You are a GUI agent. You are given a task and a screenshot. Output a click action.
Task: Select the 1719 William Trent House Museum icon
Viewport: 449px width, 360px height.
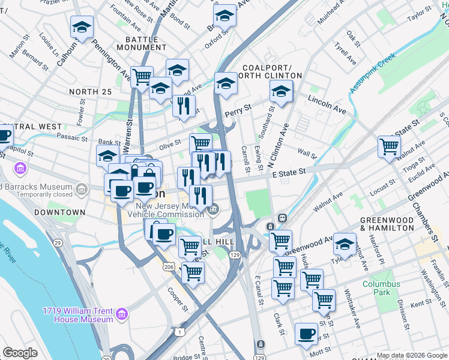122,314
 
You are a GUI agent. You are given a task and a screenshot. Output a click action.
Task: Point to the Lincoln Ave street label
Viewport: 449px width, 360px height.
327,104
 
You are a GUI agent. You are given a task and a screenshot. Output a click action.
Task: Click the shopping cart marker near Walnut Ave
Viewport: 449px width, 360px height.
389,146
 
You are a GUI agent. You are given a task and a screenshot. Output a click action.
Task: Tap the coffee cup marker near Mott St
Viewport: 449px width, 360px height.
306,332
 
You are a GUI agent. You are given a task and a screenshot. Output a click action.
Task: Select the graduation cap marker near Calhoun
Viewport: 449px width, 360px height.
82,26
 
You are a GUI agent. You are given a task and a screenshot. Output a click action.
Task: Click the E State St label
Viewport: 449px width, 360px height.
289,172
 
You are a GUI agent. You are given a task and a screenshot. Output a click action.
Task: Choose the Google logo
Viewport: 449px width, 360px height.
20,352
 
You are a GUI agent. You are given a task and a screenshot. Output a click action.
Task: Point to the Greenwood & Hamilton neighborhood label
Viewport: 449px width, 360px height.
387,225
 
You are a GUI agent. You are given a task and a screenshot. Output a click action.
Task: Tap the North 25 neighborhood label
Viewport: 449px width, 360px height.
91,91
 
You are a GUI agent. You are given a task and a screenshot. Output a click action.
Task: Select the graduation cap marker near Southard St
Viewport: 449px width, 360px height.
280,92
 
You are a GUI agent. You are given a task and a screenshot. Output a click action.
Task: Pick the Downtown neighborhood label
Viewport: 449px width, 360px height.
59,212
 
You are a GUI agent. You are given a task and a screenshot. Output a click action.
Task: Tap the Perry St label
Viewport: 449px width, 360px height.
237,113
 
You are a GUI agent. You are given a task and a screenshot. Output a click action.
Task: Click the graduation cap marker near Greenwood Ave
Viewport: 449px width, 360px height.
345,244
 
